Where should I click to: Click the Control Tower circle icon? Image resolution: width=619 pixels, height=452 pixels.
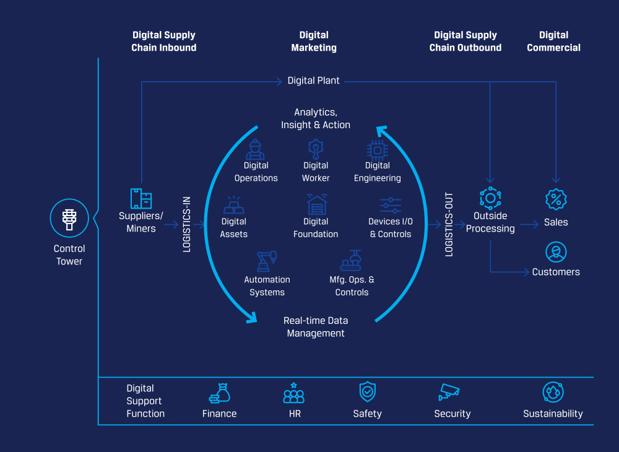click(x=69, y=219)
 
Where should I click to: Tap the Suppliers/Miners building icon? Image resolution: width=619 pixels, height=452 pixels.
click(x=141, y=198)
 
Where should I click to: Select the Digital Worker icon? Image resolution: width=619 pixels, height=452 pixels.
click(x=316, y=149)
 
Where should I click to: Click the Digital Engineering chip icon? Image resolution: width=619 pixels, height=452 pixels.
click(x=377, y=150)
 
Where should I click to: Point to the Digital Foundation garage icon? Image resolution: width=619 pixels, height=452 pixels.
click(x=316, y=205)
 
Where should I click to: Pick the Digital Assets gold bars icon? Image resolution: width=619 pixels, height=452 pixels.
click(x=233, y=205)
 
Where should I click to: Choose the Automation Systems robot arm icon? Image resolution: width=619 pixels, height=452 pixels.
click(x=267, y=261)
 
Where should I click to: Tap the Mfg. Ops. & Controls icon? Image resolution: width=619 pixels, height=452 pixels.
click(x=352, y=261)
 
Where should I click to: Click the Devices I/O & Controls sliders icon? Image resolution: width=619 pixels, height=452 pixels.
click(x=391, y=206)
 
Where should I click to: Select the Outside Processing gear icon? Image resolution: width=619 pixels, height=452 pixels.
click(x=490, y=198)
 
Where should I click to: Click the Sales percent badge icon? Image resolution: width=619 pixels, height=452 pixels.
click(x=556, y=199)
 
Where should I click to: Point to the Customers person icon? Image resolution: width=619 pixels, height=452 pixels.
click(x=556, y=252)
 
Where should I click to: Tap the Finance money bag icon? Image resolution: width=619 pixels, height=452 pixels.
click(x=220, y=393)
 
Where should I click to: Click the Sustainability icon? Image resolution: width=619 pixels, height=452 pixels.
click(x=553, y=393)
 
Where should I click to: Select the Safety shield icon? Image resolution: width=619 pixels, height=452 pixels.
click(x=368, y=392)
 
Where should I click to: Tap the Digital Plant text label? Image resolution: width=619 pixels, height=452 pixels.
click(x=314, y=80)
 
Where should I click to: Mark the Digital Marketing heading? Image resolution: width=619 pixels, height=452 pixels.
click(x=314, y=41)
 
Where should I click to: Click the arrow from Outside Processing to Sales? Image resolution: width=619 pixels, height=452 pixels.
click(x=529, y=225)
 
